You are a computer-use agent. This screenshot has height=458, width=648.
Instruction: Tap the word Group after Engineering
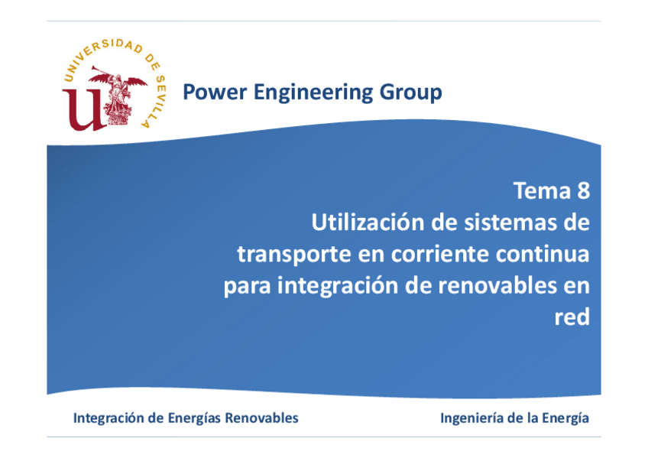(412, 93)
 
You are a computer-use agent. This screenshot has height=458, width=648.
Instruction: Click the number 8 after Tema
(582, 190)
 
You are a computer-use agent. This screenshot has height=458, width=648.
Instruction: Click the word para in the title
(246, 286)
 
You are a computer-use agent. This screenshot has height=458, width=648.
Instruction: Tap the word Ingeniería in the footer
(475, 418)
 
